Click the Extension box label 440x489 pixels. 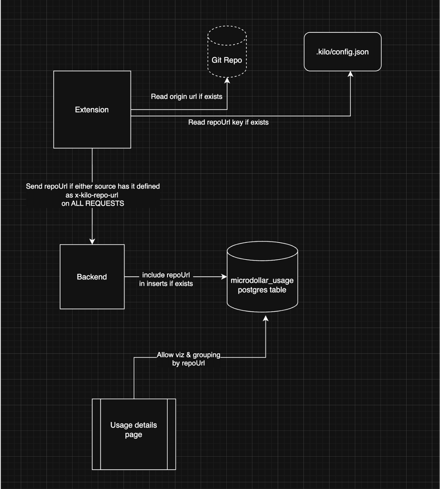(91, 110)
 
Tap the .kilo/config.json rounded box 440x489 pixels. (342, 52)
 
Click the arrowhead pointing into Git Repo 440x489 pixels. (227, 80)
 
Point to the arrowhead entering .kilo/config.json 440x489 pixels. (350, 74)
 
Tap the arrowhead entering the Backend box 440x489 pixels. (92, 241)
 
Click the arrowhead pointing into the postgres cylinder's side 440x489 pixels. (224, 276)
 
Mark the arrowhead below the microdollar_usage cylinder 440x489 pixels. (265, 319)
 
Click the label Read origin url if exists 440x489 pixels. (186, 97)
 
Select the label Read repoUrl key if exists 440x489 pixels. (228, 122)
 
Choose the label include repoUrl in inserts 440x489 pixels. (166, 279)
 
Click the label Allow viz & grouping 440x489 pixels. (188, 355)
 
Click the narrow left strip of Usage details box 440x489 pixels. (96, 434)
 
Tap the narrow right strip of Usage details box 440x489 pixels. (171, 434)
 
